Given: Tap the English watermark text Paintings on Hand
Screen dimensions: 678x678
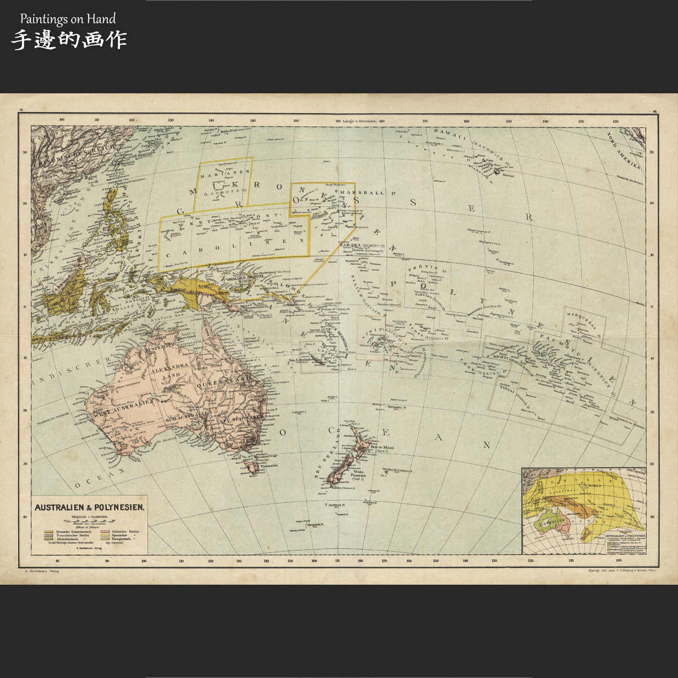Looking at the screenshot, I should pyautogui.click(x=68, y=19).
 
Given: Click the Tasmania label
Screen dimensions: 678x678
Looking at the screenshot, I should pyautogui.click(x=269, y=466).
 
